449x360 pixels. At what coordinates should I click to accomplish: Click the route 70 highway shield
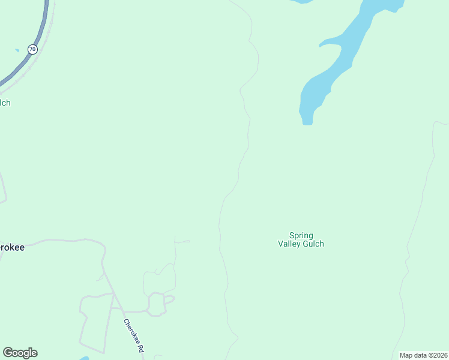[32, 49]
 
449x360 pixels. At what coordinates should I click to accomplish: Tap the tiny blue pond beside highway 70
[17, 50]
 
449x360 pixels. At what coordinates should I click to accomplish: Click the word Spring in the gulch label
[301, 236]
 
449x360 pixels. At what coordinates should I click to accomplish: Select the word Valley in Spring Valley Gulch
[291, 244]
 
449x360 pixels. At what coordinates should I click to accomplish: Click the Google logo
[20, 353]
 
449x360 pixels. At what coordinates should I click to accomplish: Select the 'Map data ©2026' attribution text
[423, 355]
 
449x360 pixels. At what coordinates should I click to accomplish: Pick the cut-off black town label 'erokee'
[12, 247]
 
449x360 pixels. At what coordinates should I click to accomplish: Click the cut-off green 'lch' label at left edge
[5, 103]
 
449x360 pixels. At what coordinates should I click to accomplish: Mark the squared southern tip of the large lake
[307, 122]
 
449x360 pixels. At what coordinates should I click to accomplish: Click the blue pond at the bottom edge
[84, 358]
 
